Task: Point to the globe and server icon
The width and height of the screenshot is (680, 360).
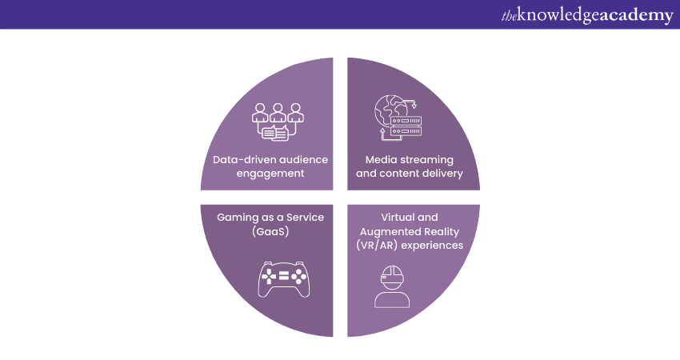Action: (398, 118)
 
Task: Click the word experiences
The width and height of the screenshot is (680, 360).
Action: (435, 245)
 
